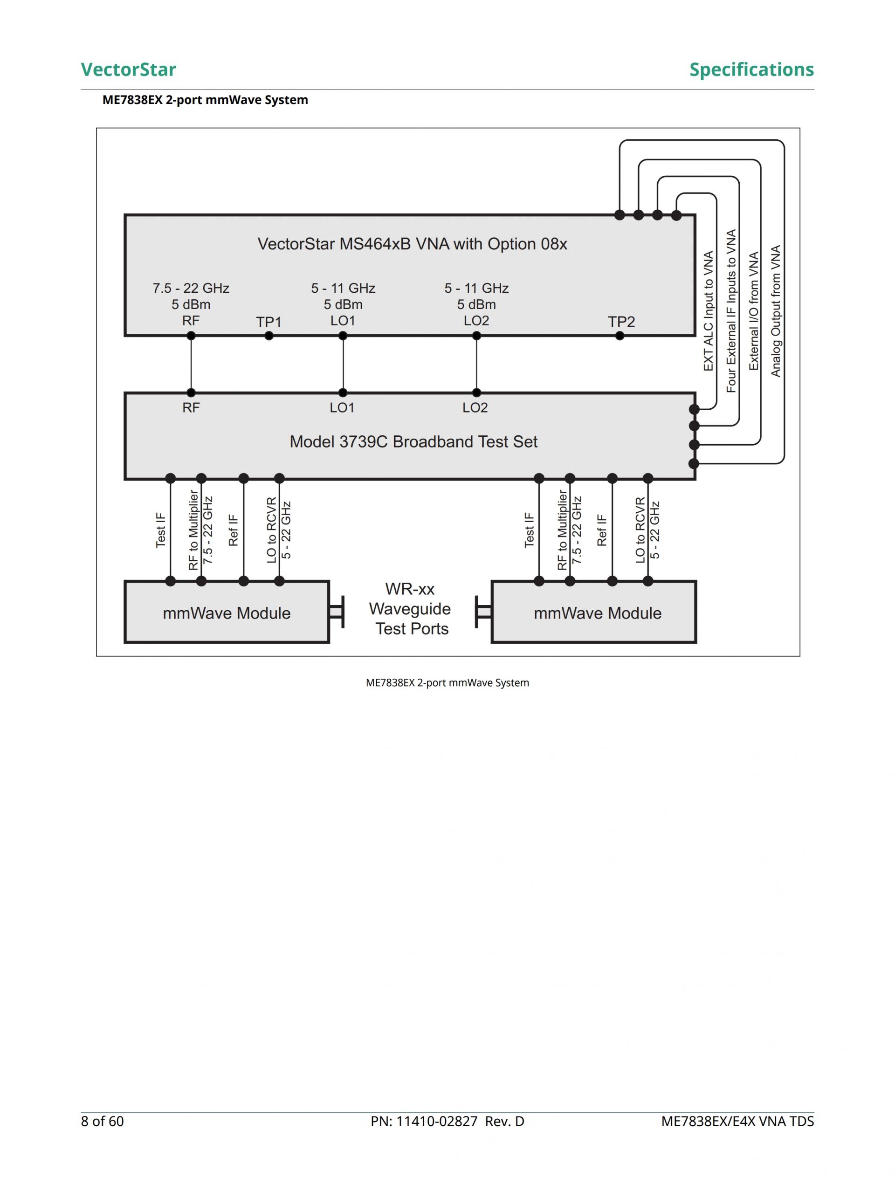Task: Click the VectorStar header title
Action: click(x=128, y=69)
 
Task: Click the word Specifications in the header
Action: click(x=751, y=69)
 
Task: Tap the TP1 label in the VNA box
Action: click(x=268, y=322)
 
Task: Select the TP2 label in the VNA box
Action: click(x=621, y=322)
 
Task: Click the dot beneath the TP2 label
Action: click(x=620, y=336)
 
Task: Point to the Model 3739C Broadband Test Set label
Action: click(x=413, y=441)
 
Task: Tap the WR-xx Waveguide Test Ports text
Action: click(x=410, y=609)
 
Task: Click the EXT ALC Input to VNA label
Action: click(x=708, y=311)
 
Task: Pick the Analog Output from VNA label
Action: click(x=776, y=311)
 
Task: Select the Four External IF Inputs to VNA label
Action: click(x=731, y=311)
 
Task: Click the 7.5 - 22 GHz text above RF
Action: click(x=191, y=289)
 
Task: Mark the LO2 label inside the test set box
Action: click(x=475, y=407)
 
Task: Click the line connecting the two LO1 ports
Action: click(x=343, y=365)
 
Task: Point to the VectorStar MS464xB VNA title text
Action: click(x=412, y=244)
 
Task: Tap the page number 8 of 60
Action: click(x=102, y=1121)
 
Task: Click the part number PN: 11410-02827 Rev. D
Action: click(x=447, y=1121)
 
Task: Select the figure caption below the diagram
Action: click(x=447, y=683)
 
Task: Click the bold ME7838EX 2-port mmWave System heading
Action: click(x=205, y=100)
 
